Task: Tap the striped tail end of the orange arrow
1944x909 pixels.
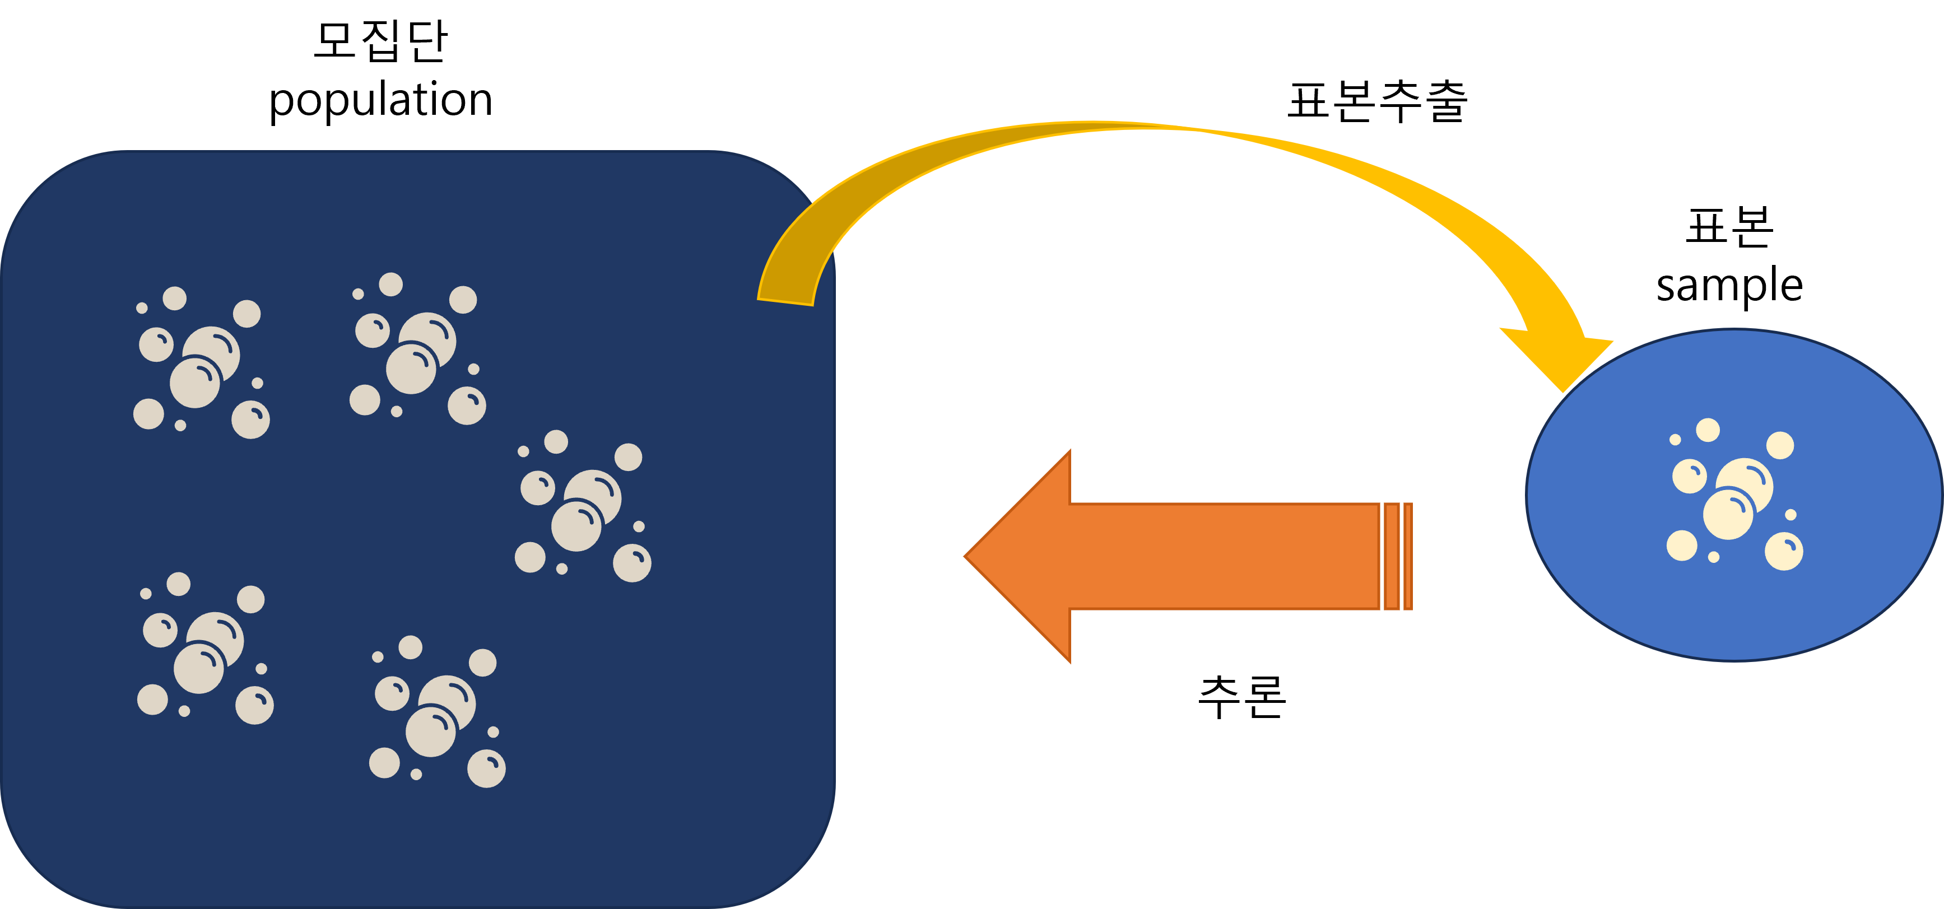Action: tap(1397, 556)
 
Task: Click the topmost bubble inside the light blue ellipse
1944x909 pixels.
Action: tap(1708, 430)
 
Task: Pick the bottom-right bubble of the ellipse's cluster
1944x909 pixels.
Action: tap(1784, 552)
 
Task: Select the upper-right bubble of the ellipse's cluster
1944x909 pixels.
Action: tap(1780, 445)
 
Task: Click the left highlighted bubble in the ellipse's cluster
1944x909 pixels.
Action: tap(1690, 477)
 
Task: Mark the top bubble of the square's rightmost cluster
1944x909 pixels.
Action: tap(556, 442)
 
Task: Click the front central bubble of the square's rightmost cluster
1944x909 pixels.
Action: tap(576, 526)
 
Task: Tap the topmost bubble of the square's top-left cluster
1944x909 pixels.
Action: tap(174, 298)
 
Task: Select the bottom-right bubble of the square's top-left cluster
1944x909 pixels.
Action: tap(250, 420)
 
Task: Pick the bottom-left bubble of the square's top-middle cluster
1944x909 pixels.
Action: tap(365, 400)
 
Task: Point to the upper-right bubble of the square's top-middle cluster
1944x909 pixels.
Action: tap(463, 300)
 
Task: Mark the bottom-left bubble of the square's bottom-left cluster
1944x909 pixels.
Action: tap(152, 700)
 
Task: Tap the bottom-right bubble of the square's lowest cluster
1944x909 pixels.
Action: tap(487, 768)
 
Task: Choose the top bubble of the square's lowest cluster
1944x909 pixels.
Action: tap(411, 647)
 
